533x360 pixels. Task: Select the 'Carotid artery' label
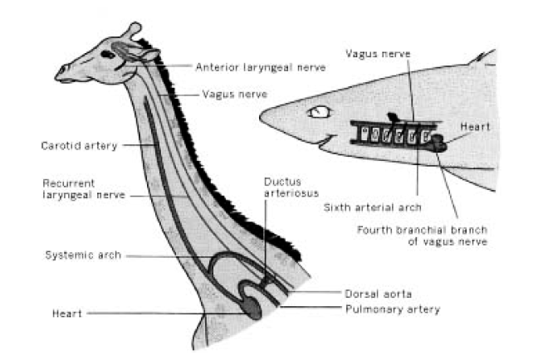coord(80,146)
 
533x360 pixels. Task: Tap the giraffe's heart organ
coord(251,309)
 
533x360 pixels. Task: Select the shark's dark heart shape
coord(438,144)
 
